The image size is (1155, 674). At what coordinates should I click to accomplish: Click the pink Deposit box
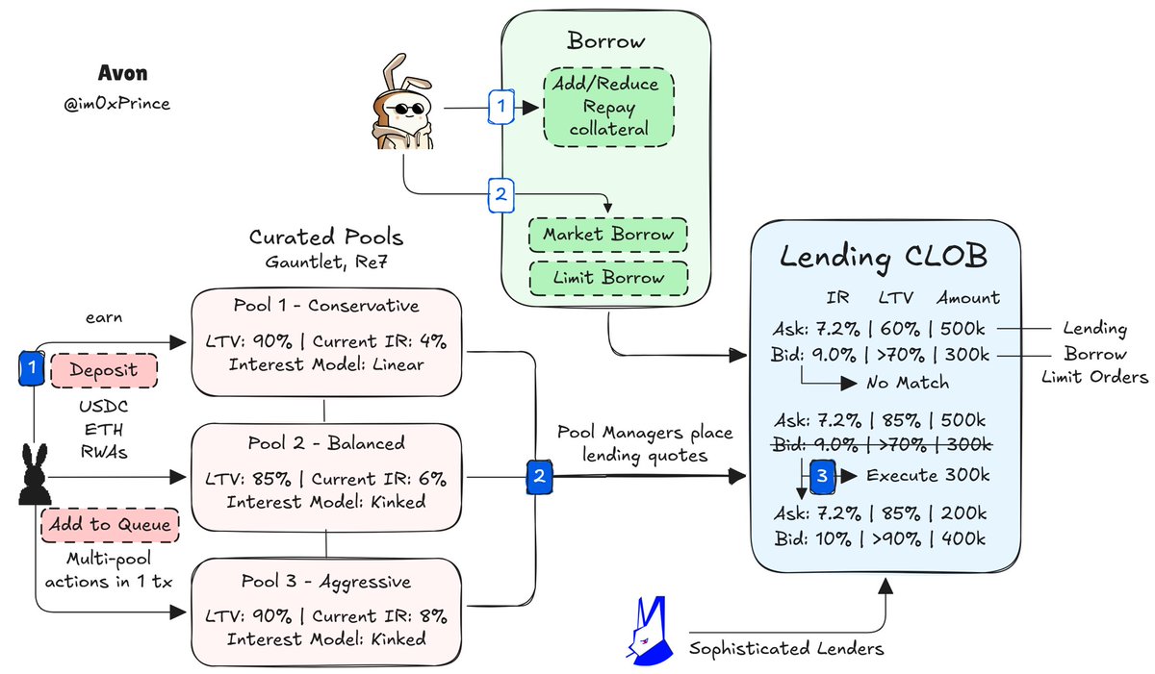[x=104, y=370]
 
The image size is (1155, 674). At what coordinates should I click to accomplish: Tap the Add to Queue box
[x=110, y=525]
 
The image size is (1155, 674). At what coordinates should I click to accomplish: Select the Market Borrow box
[x=608, y=235]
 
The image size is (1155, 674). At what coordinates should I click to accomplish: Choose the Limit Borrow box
[x=608, y=278]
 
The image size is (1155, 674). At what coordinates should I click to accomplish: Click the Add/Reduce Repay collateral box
[x=608, y=107]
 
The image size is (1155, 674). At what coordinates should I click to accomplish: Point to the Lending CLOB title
[x=884, y=257]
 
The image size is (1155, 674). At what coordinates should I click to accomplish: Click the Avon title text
[x=123, y=73]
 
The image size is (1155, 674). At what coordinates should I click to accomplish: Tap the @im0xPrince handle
[x=116, y=104]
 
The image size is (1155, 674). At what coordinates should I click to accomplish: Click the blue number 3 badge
[x=822, y=476]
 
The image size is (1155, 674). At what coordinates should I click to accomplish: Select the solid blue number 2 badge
[x=539, y=477]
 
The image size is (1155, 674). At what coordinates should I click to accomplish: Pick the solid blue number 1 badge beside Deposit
[x=32, y=368]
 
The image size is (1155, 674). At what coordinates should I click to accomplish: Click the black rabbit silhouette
[x=35, y=474]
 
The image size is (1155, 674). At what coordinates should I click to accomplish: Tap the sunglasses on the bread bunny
[x=405, y=109]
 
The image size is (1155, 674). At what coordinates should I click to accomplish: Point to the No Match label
[x=908, y=383]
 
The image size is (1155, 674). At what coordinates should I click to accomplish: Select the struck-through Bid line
[x=882, y=445]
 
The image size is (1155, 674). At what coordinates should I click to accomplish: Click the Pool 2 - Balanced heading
[x=326, y=443]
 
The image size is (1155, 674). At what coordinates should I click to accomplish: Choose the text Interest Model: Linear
[x=326, y=364]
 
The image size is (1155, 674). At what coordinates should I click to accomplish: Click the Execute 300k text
[x=928, y=475]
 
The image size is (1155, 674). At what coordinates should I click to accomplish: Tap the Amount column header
[x=968, y=298]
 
